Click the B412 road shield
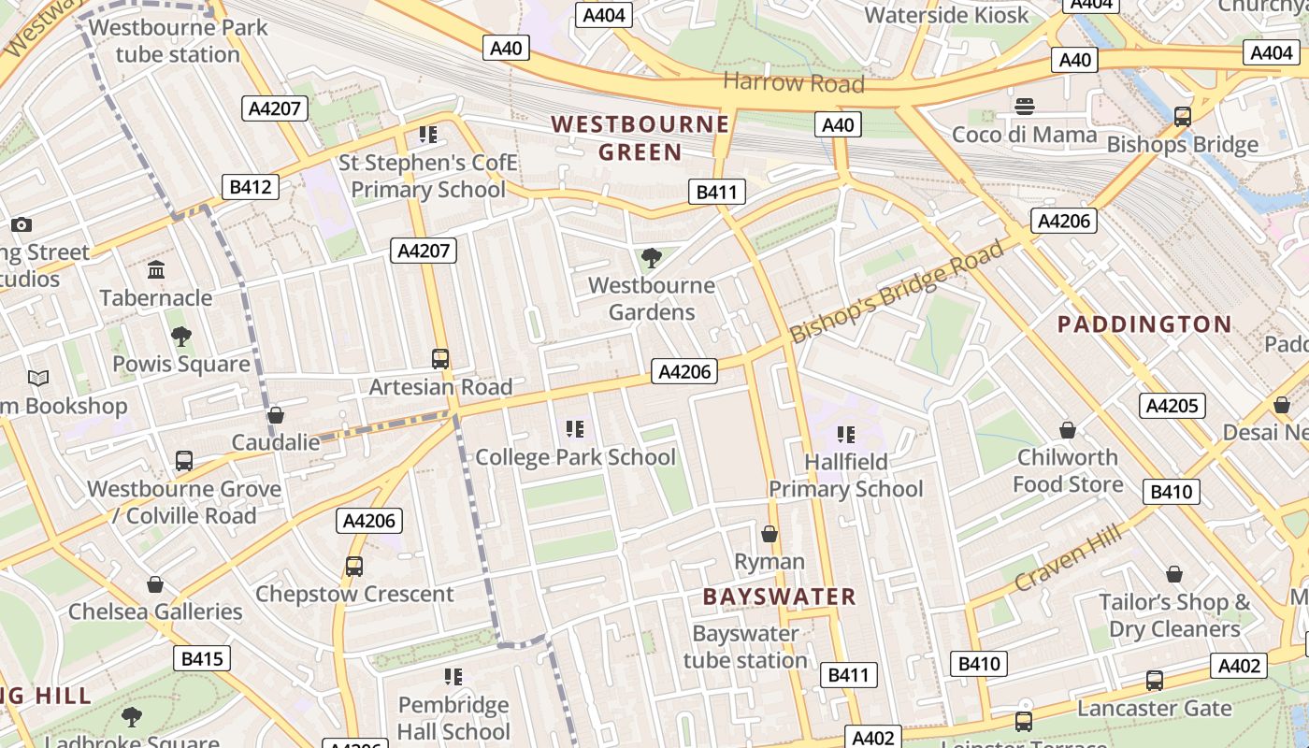tap(251, 187)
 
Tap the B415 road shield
tap(201, 658)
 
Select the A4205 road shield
tap(1172, 406)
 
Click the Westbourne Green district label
tap(640, 137)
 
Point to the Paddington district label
tap(1144, 324)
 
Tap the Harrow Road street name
tap(793, 82)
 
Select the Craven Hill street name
tap(1067, 557)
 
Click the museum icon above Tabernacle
tap(156, 270)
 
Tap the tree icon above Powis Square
tap(181, 336)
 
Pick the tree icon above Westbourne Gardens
tap(652, 257)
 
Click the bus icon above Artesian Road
tap(440, 358)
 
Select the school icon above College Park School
tap(575, 429)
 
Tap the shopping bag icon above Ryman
tap(770, 534)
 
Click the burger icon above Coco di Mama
tap(1025, 106)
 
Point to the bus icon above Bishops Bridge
tap(1183, 117)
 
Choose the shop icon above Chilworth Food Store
tap(1067, 429)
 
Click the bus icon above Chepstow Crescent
tap(354, 566)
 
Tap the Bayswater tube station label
tap(745, 647)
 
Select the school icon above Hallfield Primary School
tap(846, 434)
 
